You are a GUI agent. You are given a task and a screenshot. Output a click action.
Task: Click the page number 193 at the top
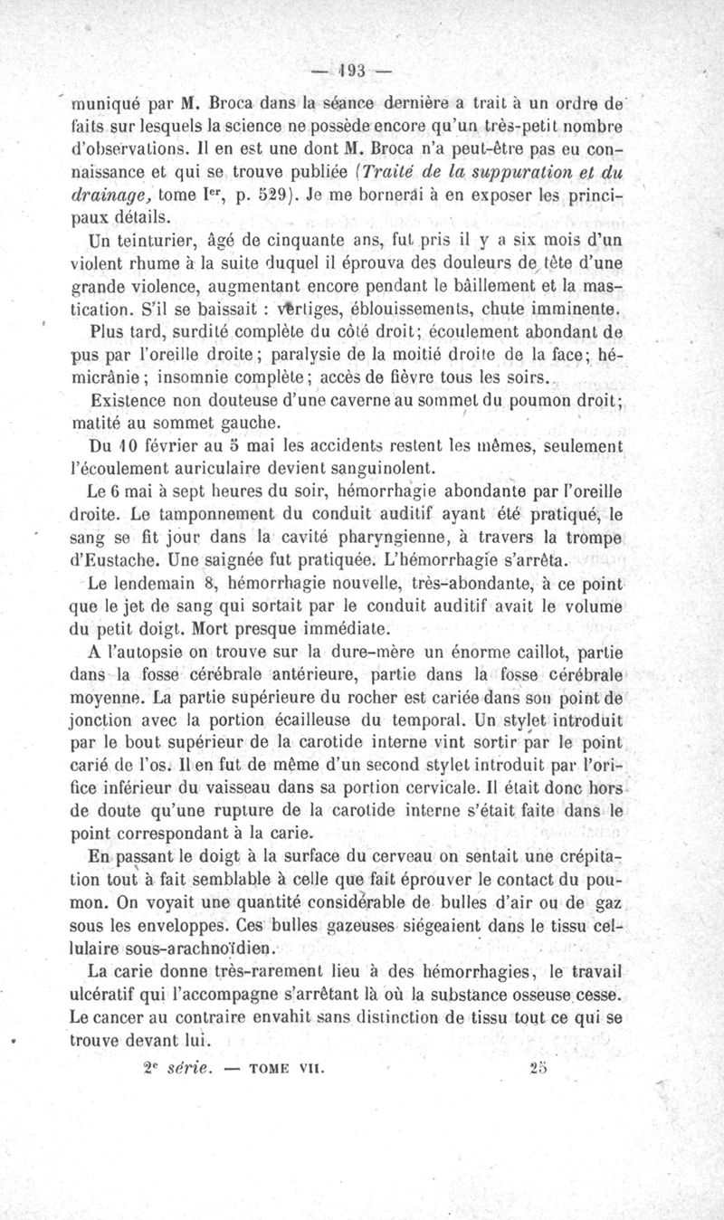(x=348, y=70)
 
